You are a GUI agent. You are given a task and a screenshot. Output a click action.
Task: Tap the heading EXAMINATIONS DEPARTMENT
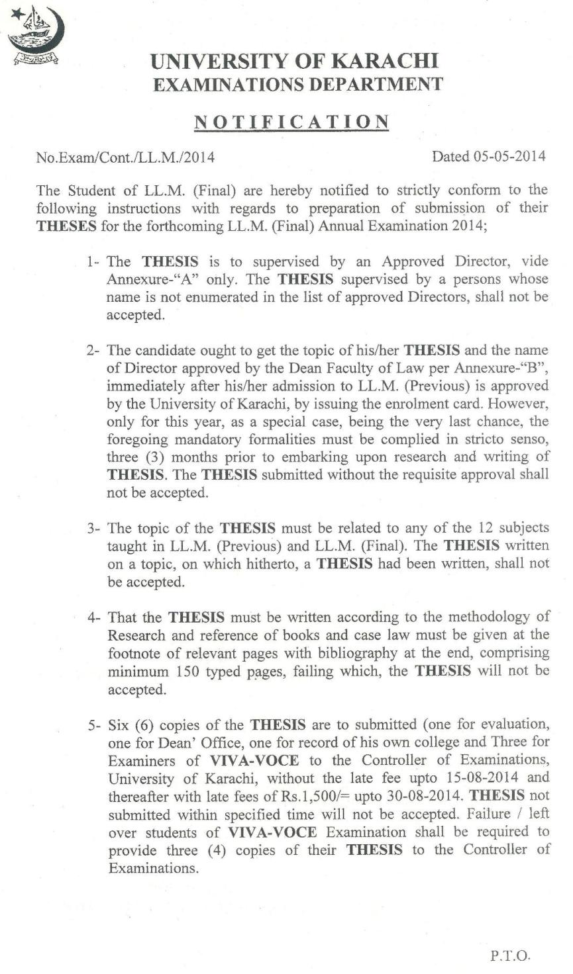(x=297, y=85)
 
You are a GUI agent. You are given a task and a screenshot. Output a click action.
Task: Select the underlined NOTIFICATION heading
(x=291, y=122)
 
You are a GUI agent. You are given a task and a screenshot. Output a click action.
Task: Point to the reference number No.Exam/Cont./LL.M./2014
(x=125, y=157)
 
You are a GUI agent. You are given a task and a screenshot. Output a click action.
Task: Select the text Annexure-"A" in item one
(x=144, y=279)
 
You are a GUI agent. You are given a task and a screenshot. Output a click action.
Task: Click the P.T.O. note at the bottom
(x=510, y=956)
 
